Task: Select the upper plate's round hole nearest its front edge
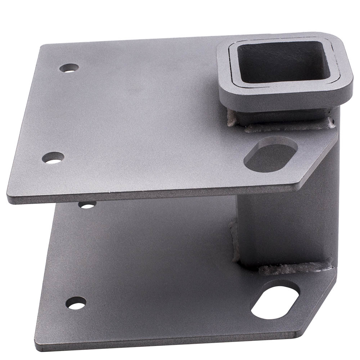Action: click(53, 158)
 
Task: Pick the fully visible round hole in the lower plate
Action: click(76, 303)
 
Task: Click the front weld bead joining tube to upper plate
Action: click(288, 126)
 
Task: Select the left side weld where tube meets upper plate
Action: click(231, 118)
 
